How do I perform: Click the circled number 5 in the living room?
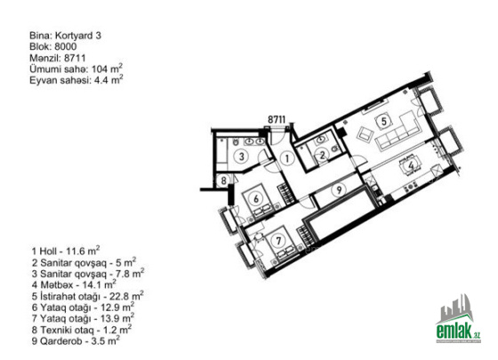383,121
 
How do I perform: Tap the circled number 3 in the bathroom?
242,156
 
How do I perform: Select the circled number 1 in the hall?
286,158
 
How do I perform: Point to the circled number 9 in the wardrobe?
339,190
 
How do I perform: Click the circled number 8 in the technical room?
223,180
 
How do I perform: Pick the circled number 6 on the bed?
256,199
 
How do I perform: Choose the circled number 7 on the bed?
278,241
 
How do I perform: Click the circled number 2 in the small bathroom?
322,156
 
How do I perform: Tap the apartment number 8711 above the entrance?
277,120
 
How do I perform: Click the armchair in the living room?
365,134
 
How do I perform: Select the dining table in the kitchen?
411,165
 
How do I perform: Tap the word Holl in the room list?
48,252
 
